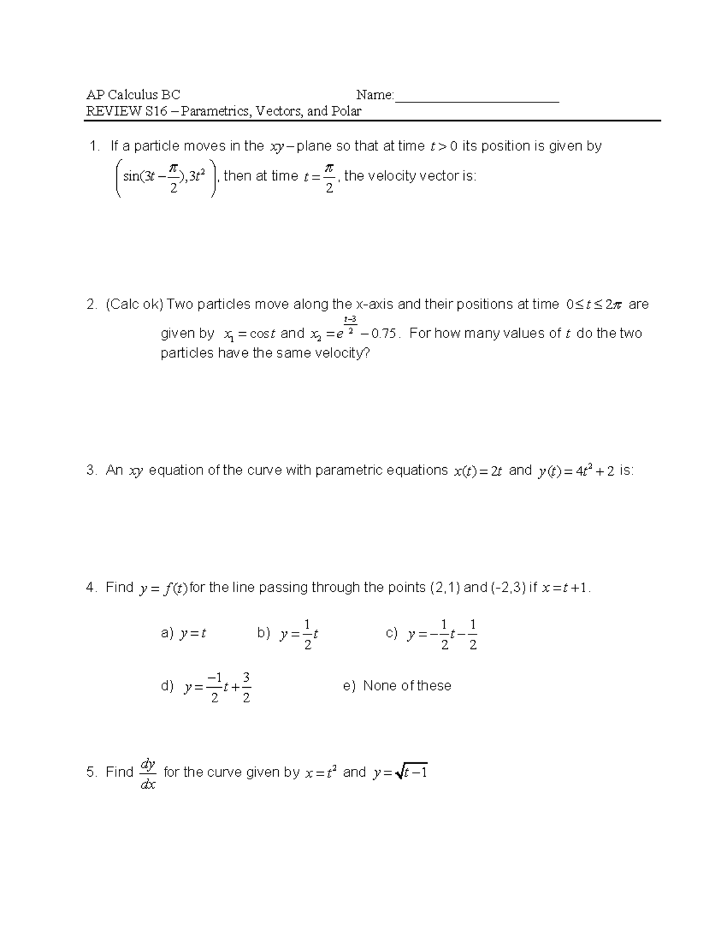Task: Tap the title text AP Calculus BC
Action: [133, 95]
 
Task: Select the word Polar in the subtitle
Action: [346, 111]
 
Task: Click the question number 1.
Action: [93, 146]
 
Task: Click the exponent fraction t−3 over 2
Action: [350, 323]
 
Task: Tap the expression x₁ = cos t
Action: [250, 334]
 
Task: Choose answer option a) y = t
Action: [184, 634]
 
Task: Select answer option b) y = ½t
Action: [288, 634]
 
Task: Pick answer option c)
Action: [431, 634]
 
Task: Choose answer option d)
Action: [206, 687]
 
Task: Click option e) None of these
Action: [397, 686]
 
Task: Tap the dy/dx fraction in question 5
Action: [148, 774]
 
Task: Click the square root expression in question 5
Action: [411, 773]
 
